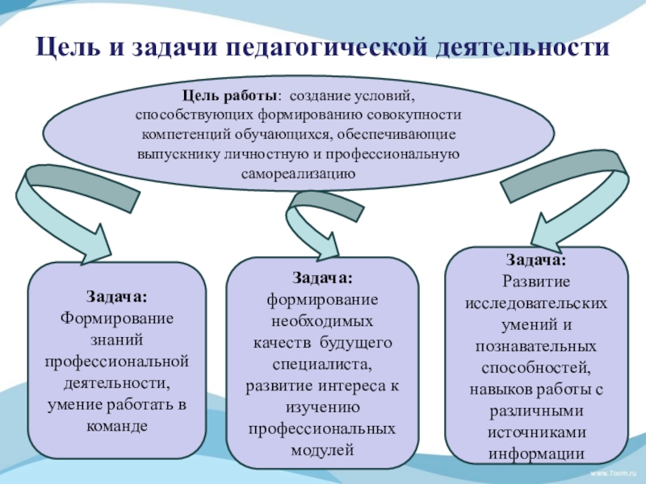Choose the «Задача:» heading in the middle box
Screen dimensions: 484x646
322,278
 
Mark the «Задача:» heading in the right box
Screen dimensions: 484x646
536,260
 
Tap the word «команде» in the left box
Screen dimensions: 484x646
115,426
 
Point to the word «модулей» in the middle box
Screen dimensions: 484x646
322,449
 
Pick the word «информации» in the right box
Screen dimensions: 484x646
536,453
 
